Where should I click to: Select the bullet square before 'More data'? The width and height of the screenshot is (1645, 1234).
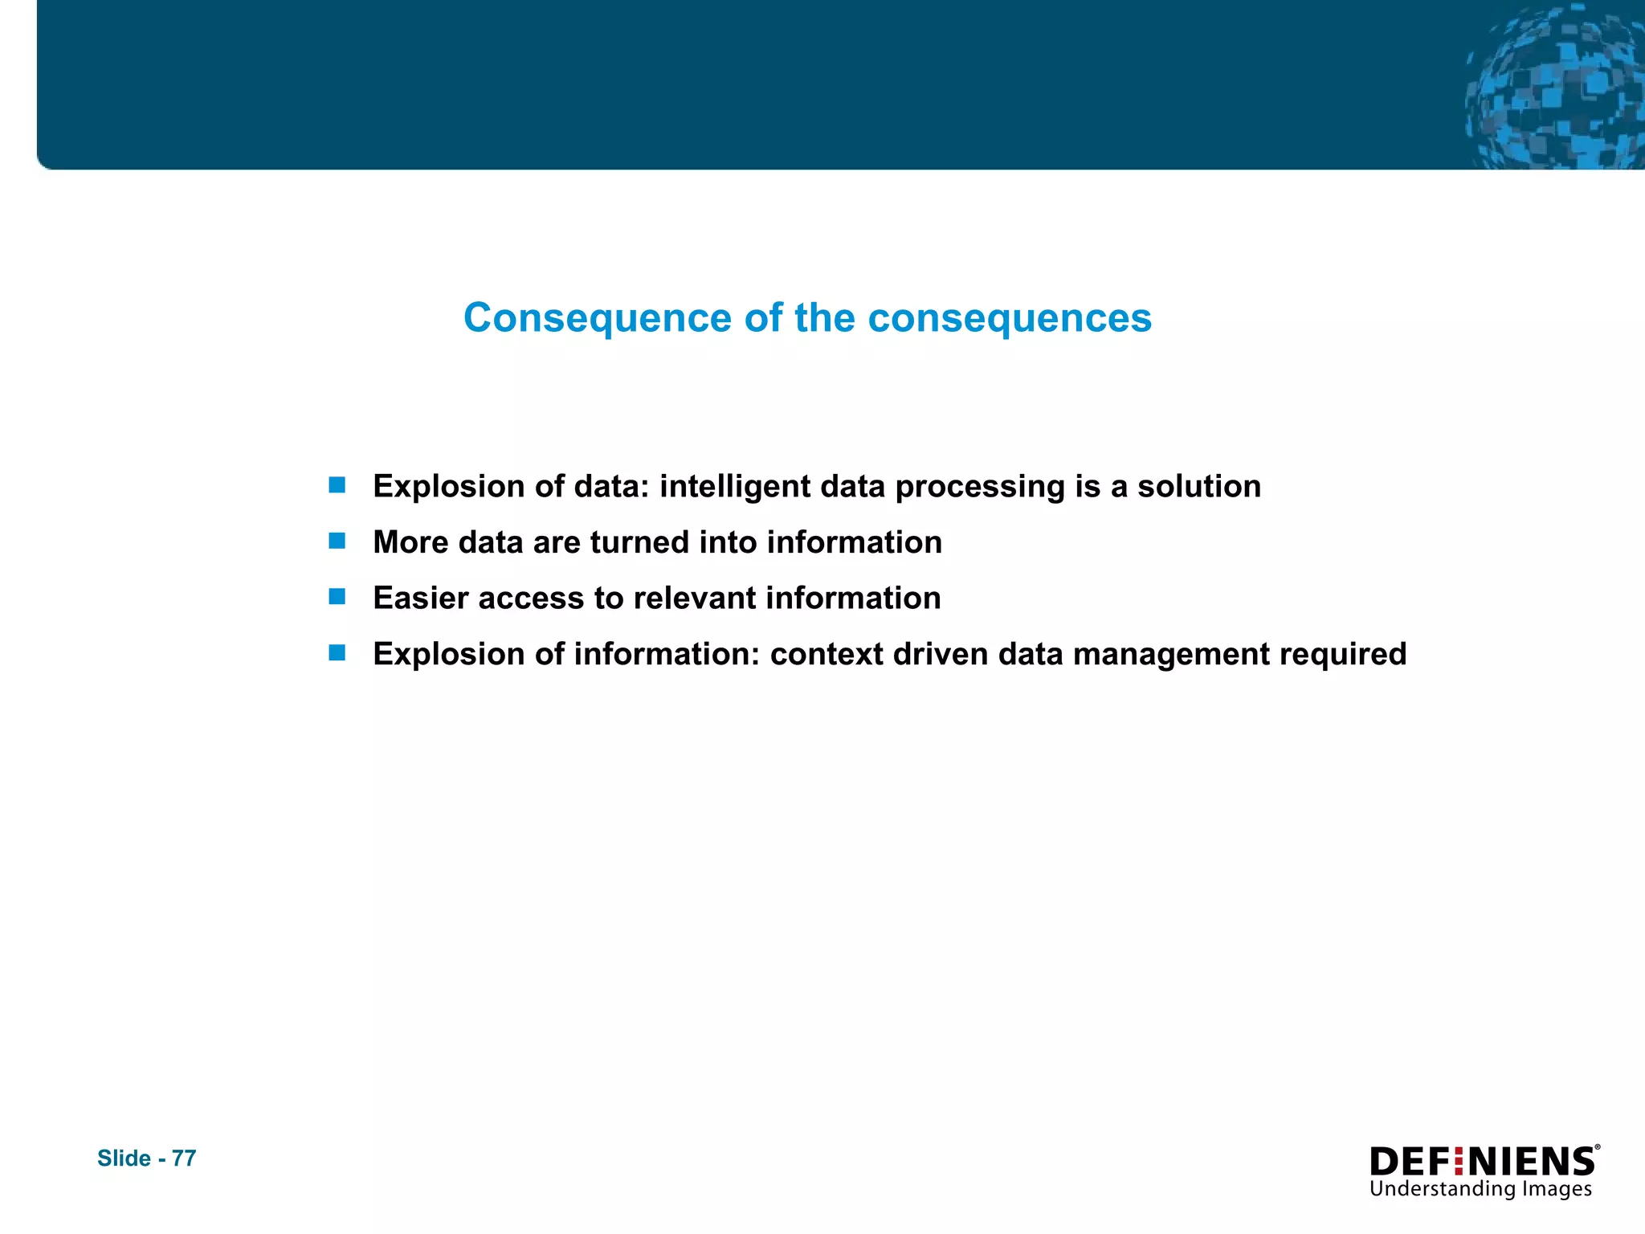337,541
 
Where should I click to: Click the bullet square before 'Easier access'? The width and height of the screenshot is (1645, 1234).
337,597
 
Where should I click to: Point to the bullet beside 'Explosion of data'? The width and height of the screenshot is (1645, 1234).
337,485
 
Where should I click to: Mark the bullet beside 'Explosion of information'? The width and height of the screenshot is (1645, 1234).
337,652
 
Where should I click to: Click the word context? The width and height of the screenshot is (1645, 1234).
827,654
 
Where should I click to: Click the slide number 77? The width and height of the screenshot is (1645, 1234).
184,1158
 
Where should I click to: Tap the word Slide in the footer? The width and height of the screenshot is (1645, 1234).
124,1158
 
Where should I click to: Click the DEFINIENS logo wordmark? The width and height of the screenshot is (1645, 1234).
1483,1162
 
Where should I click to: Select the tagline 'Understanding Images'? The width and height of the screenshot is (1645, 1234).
1480,1189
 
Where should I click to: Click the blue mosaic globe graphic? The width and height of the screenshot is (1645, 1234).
1554,88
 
